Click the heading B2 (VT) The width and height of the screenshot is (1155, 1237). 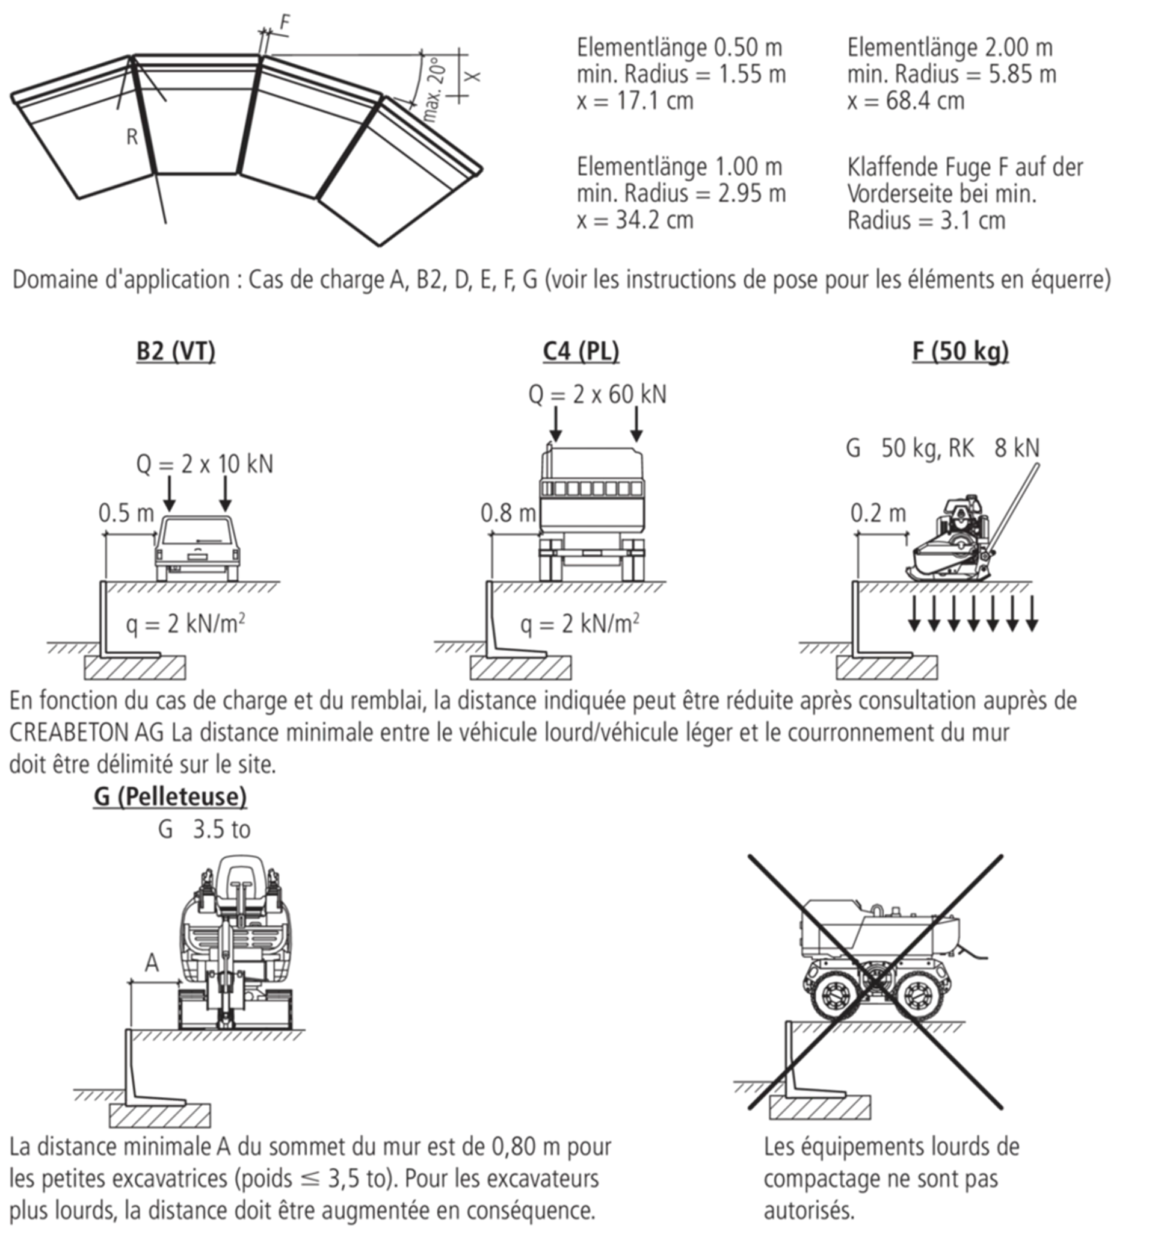[x=176, y=352]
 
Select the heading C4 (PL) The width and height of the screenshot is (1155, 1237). [x=581, y=352]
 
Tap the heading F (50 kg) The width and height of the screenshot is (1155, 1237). [x=960, y=352]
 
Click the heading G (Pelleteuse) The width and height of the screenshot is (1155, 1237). [x=170, y=797]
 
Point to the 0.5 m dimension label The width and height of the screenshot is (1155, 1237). [x=126, y=513]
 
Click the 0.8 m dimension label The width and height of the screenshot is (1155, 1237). [x=508, y=513]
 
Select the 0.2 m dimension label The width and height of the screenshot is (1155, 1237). [x=878, y=513]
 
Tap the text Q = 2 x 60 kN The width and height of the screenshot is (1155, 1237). [x=597, y=395]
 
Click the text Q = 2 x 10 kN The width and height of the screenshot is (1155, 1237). [x=205, y=464]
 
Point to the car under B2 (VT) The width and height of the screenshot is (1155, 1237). [x=197, y=548]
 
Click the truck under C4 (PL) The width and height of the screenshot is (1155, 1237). [x=591, y=512]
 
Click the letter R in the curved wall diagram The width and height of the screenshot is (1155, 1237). [x=132, y=137]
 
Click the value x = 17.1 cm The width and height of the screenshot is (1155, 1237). [x=635, y=101]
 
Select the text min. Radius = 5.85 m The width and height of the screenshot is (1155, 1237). [x=952, y=74]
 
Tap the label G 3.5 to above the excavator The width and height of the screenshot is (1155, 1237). [x=204, y=829]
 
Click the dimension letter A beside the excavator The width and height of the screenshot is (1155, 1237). [x=152, y=963]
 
